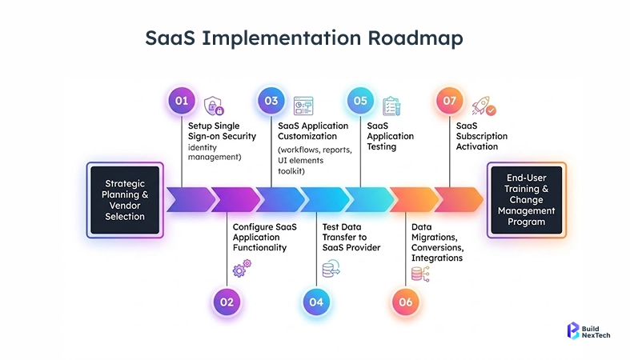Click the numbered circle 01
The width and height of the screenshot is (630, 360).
pos(183,101)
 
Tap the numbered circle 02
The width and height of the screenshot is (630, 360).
pos(227,302)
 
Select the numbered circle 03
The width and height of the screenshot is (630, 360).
pos(271,101)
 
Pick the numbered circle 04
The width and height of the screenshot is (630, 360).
pos(316,302)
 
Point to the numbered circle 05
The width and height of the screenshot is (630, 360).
pos(361,101)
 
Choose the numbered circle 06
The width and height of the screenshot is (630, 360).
pos(406,302)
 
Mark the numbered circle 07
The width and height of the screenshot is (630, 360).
pos(450,101)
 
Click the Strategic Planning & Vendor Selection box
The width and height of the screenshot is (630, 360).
pos(125,200)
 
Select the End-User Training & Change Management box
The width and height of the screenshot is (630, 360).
pos(526,200)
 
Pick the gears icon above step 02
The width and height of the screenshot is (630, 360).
pos(239,270)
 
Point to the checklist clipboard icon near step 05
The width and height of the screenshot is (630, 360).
pos(391,106)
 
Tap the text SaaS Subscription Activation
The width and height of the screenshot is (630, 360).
pos(477,136)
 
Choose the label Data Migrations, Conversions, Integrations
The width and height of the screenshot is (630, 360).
pos(437,242)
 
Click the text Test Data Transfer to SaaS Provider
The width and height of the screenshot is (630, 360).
pos(351,237)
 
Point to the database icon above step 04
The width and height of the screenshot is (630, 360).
pos(329,270)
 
